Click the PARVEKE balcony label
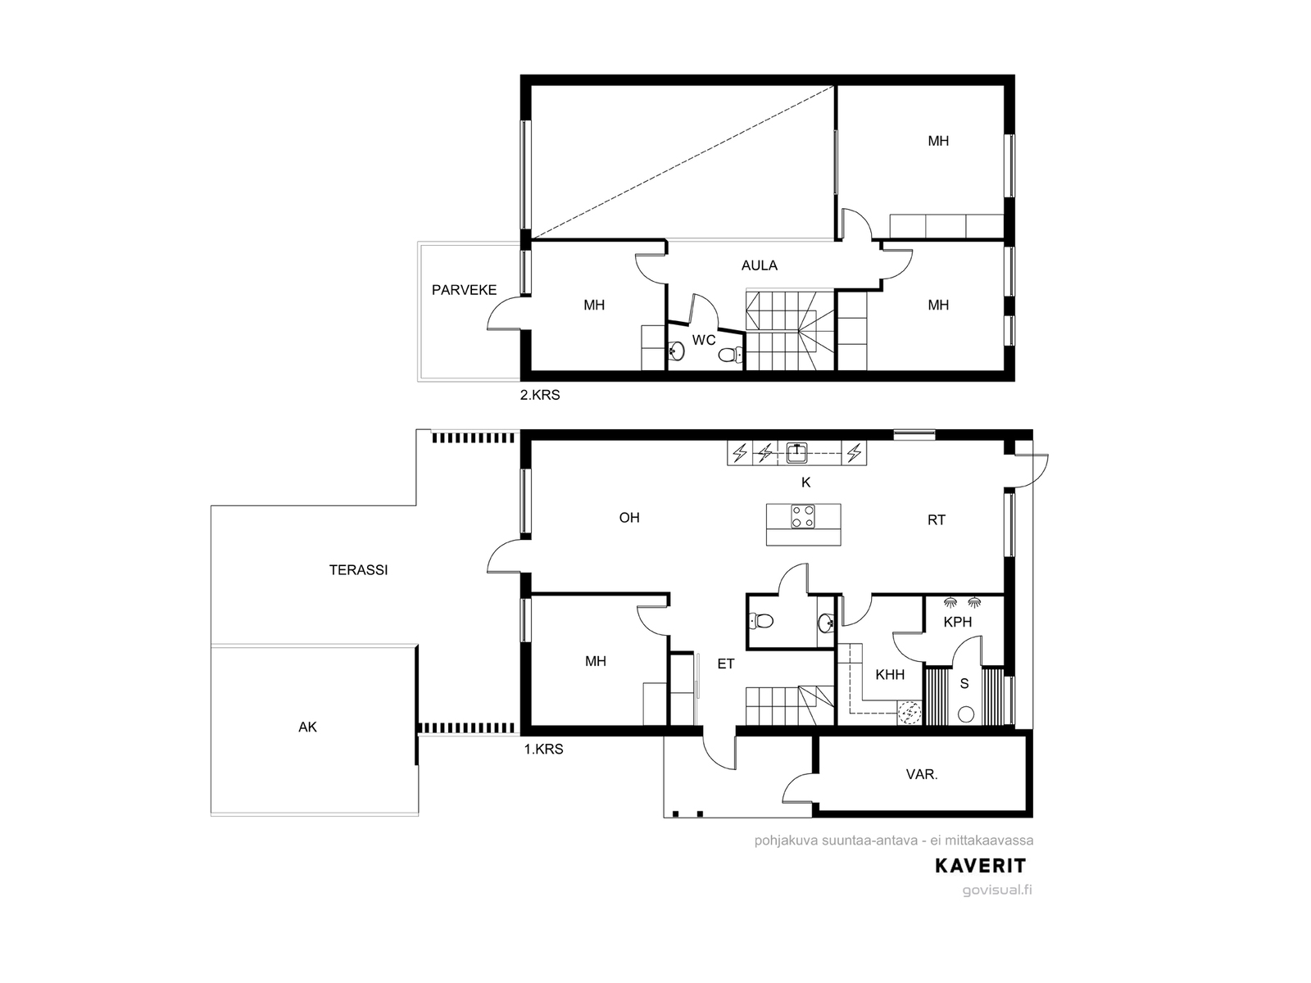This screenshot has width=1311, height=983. pos(464,290)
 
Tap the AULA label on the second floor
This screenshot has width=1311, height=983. pos(759,265)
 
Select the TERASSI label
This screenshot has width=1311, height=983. pos(358,570)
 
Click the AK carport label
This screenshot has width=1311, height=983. pos(307,727)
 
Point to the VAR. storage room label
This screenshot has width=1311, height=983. pos(922,775)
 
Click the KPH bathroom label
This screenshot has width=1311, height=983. pos(957,622)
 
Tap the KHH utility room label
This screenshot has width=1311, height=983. pos(890,675)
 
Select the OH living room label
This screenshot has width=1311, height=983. pos(629,518)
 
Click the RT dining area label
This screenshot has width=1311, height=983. pos(937,520)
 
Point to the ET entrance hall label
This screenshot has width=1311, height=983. pos(726,664)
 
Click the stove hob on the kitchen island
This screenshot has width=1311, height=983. pos(803,516)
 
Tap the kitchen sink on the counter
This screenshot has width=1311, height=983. pos(796,453)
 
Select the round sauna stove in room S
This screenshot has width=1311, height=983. pos(966,713)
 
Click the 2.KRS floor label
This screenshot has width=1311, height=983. pos(540,395)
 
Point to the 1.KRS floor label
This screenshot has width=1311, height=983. pos(543,749)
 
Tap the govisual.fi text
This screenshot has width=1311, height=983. pos(997,890)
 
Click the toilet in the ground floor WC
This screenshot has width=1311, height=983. pos(760,621)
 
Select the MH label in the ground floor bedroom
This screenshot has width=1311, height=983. pos(596,661)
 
